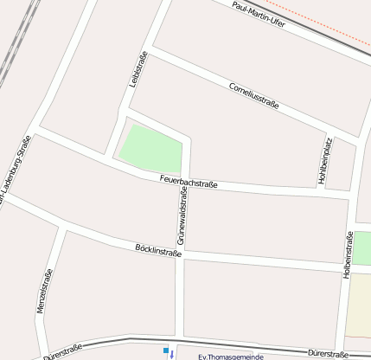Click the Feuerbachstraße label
189,182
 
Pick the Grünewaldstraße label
182,217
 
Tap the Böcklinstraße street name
158,250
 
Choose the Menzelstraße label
44,291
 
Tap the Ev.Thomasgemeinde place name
231,357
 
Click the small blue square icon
164,350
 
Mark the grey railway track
17,43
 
